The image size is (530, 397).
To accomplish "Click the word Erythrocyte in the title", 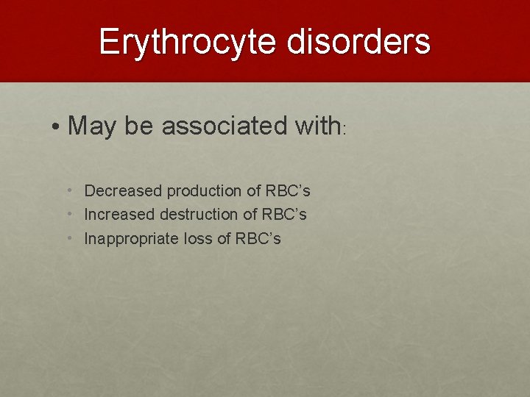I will click(x=188, y=42).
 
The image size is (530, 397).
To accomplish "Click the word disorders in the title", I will click(x=358, y=42).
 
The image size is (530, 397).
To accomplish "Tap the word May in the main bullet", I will click(x=93, y=126).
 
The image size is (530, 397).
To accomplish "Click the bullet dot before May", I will click(x=57, y=127).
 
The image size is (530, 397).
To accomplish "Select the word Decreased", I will click(x=122, y=191).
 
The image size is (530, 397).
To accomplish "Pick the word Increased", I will click(x=120, y=215).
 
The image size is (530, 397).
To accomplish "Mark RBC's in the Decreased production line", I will click(x=287, y=191).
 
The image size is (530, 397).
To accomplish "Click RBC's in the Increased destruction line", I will click(x=283, y=215).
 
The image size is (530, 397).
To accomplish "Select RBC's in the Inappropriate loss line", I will click(x=258, y=238).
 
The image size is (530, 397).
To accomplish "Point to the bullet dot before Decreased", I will click(x=69, y=191).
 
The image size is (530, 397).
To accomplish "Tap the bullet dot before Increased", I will click(x=69, y=215).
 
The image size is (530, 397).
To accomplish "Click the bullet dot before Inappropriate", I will click(x=69, y=238).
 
